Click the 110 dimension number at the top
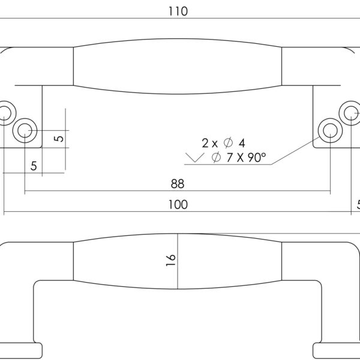pyautogui.click(x=178, y=11)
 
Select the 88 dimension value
pyautogui.click(x=177, y=184)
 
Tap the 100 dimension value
pyautogui.click(x=178, y=205)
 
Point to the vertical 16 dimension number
pyautogui.click(x=170, y=259)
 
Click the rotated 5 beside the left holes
pyautogui.click(x=59, y=139)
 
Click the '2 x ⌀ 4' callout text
pyautogui.click(x=224, y=143)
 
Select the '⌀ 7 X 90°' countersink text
pyautogui.click(x=239, y=158)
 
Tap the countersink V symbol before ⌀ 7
pyautogui.click(x=195, y=158)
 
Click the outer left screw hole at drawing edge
pyautogui.click(x=5, y=112)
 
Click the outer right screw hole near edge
pyautogui.click(x=349, y=112)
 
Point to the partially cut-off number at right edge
pyautogui.click(x=358, y=205)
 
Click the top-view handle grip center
pyautogui.click(x=178, y=67)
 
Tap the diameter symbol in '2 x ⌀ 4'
pyautogui.click(x=228, y=143)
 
